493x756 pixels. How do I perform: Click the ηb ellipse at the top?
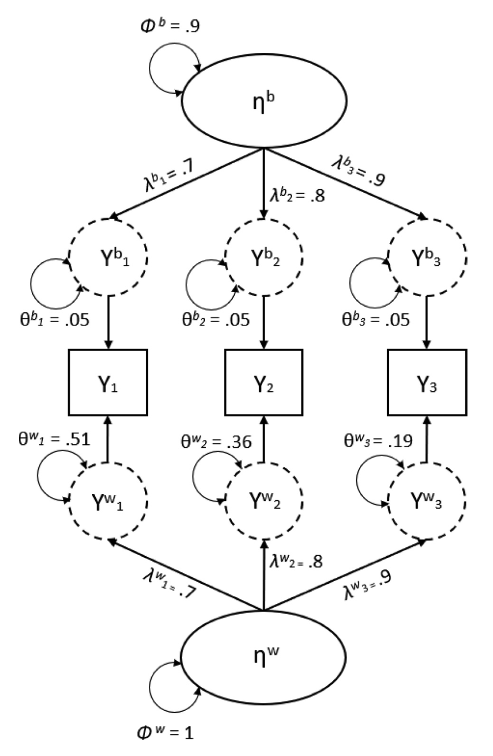click(x=263, y=104)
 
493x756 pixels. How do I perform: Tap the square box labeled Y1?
click(x=107, y=382)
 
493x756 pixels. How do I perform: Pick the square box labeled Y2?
click(x=263, y=382)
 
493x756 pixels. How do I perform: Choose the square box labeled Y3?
click(x=426, y=382)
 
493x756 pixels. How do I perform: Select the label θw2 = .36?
click(x=215, y=441)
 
